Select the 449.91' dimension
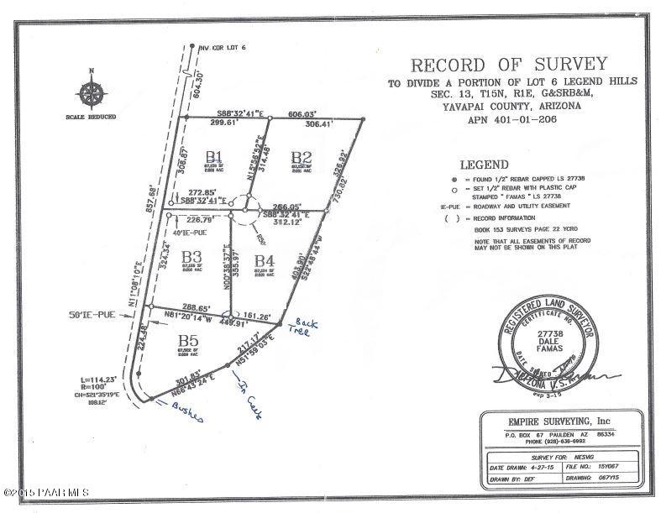pos(233,322)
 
